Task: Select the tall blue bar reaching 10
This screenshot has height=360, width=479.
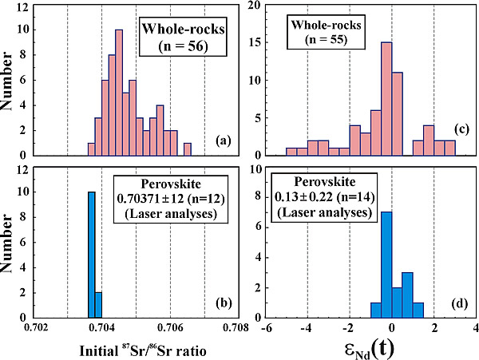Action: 91,255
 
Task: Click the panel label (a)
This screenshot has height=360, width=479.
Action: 224,142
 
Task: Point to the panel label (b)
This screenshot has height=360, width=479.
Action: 224,303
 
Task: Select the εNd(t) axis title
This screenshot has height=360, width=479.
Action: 373,347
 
